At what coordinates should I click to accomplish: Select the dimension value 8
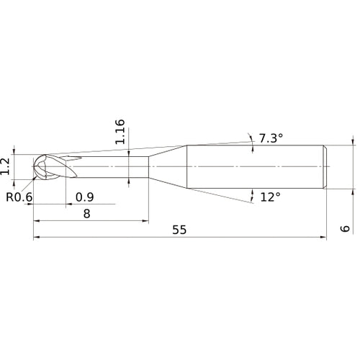click(86, 214)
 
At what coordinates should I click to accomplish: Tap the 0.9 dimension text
click(84, 197)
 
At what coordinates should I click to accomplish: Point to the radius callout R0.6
click(17, 197)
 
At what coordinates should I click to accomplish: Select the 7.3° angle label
click(271, 138)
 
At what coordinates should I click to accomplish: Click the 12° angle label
click(270, 196)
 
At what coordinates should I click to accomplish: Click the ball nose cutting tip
click(40, 167)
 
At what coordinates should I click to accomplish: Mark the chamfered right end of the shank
click(325, 166)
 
